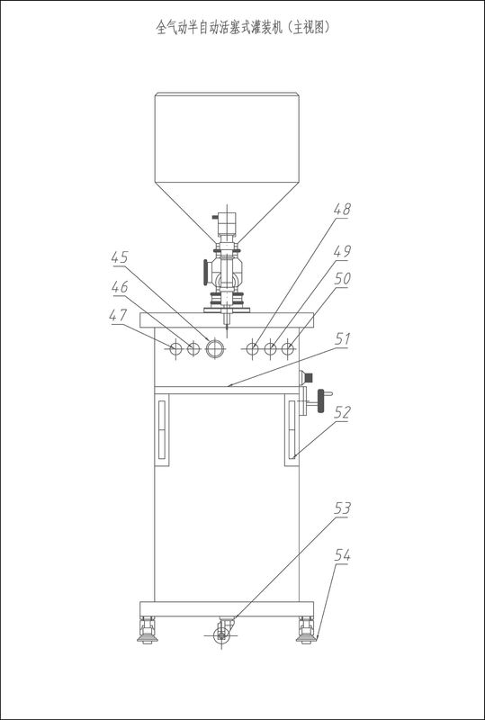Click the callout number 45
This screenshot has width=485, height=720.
pyautogui.click(x=121, y=258)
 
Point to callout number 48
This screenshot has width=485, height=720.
pyautogui.click(x=342, y=211)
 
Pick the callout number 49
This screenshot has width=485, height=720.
pyautogui.click(x=342, y=252)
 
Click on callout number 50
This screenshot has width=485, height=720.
pyautogui.click(x=342, y=279)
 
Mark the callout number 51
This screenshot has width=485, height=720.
pyautogui.click(x=341, y=340)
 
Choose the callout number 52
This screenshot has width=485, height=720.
pyautogui.click(x=342, y=412)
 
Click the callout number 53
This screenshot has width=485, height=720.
pyautogui.click(x=342, y=508)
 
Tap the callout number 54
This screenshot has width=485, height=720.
pyautogui.click(x=342, y=555)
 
